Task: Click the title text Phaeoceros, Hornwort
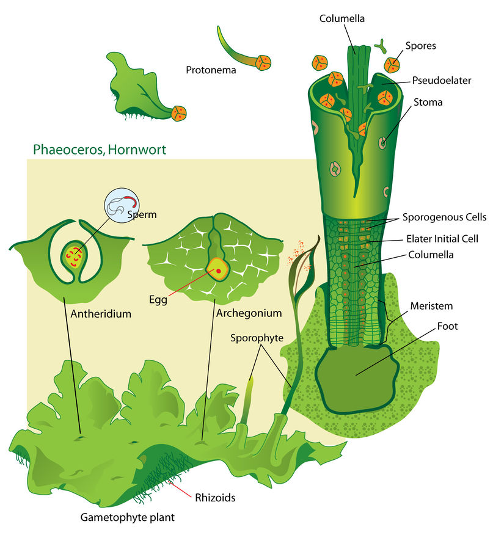[x=99, y=149]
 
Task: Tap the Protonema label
[x=211, y=70]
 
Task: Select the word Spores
[x=420, y=45]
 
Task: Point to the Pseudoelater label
[x=433, y=80]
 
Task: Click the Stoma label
[x=428, y=103]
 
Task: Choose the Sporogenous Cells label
[x=444, y=217]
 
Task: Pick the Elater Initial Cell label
[x=442, y=239]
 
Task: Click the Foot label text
[x=448, y=326]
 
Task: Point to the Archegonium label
[x=249, y=313]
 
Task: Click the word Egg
[x=158, y=300]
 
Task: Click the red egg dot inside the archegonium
[x=218, y=271]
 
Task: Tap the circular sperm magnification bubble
[x=122, y=206]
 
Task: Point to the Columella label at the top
[x=342, y=18]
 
